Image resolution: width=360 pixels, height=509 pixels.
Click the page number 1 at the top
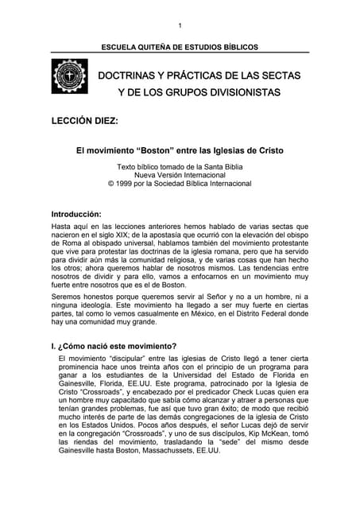pyautogui.click(x=180, y=25)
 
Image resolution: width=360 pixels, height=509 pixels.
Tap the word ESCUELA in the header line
pyautogui.click(x=119, y=48)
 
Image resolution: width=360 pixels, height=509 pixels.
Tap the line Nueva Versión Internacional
pyautogui.click(x=180, y=174)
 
